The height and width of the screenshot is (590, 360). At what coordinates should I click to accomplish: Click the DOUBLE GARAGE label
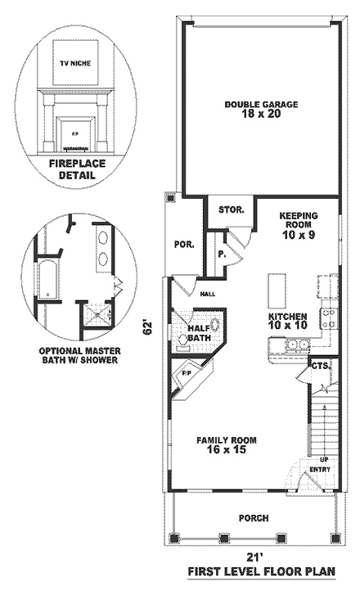pyautogui.click(x=261, y=105)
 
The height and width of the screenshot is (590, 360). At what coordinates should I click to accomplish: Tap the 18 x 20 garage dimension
pyautogui.click(x=261, y=115)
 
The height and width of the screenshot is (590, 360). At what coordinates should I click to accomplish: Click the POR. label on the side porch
pyautogui.click(x=182, y=244)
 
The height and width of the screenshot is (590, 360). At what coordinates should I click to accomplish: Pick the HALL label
pyautogui.click(x=207, y=294)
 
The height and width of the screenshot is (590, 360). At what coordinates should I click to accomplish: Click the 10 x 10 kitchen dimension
pyautogui.click(x=287, y=326)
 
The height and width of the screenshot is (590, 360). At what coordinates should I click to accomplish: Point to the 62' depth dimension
pyautogui.click(x=148, y=328)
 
